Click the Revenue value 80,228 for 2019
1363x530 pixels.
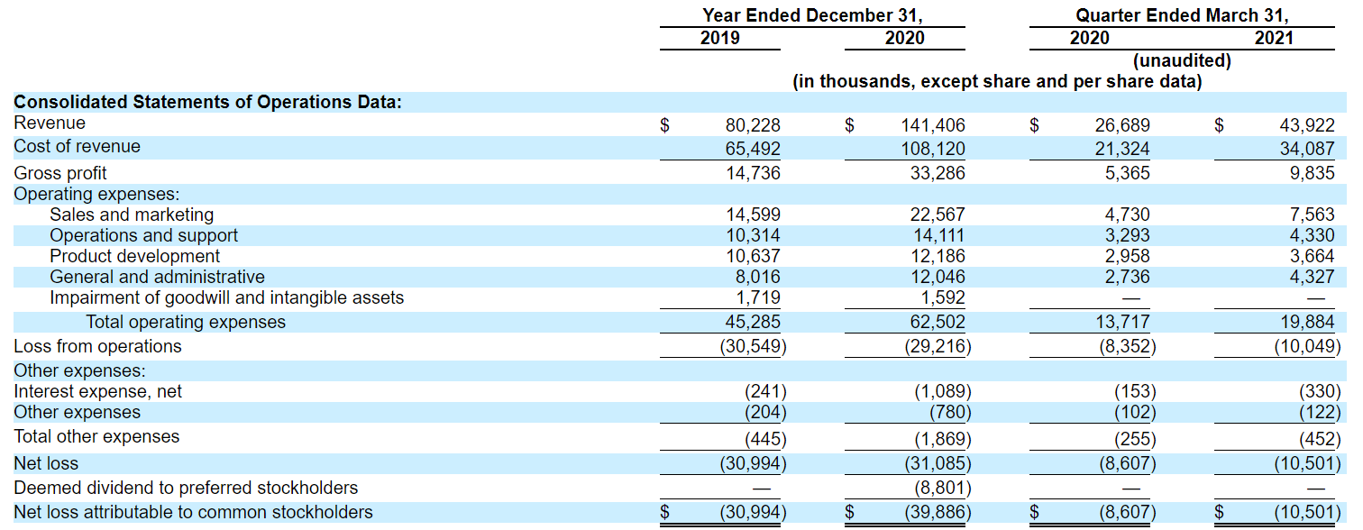tap(753, 125)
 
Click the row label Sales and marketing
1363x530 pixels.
tap(132, 215)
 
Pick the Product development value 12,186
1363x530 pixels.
tap(938, 256)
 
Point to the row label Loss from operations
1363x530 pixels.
tap(97, 346)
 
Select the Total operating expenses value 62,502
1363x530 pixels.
tap(938, 322)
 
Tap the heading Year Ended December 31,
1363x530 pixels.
tap(812, 15)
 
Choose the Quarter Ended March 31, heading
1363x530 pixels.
tap(1182, 15)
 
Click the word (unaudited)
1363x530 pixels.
tap(1182, 60)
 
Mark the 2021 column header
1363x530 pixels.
tap(1273, 38)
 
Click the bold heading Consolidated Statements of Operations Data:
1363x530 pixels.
tap(207, 102)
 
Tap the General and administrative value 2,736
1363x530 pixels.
tap(1127, 277)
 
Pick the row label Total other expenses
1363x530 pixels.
tap(96, 436)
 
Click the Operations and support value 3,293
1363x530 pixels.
tap(1127, 235)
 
